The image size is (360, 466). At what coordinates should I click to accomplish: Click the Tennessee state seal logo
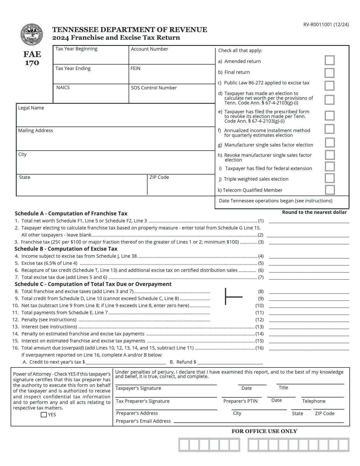point(32,35)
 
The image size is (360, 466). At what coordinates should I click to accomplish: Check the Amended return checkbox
point(329,60)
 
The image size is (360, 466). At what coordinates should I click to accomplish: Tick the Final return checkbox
point(329,73)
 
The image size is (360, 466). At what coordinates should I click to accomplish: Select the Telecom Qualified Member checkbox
point(330,190)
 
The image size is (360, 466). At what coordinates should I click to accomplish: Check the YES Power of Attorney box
point(44,415)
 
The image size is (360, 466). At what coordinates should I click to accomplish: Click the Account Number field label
point(149,49)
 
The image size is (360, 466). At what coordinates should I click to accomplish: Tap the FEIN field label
point(135,68)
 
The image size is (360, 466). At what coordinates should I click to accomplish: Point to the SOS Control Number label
point(154,88)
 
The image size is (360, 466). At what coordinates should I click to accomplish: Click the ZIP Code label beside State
point(159,177)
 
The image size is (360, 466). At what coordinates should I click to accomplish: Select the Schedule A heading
point(71,213)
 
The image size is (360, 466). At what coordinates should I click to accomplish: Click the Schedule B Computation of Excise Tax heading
point(66,249)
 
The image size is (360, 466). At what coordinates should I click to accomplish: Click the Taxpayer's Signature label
point(138,388)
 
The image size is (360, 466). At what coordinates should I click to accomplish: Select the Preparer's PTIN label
point(240,401)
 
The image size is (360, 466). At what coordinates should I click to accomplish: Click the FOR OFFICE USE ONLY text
point(264,431)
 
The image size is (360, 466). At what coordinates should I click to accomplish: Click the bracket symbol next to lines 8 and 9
point(233,297)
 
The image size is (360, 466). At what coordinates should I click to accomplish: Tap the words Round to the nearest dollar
point(314,212)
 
